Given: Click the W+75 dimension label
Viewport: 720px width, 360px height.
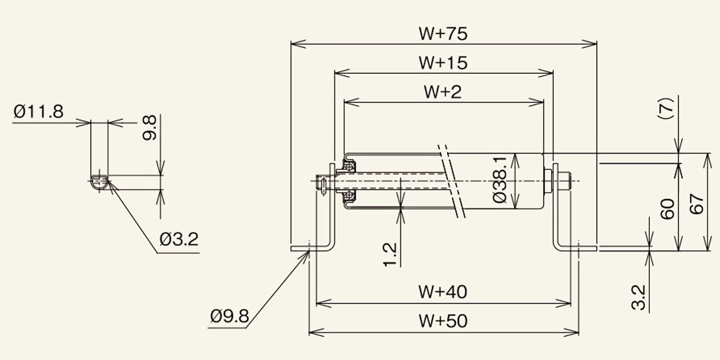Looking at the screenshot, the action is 443,34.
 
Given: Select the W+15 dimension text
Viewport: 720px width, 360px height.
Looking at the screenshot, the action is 443,62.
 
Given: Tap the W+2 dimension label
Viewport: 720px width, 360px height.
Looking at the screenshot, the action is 443,92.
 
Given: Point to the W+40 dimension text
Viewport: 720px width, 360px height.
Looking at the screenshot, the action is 443,292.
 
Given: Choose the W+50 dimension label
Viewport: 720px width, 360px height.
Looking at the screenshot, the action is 443,321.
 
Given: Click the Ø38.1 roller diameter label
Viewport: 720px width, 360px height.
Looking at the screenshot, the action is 499,179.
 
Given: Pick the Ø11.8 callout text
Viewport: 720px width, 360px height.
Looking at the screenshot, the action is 38,112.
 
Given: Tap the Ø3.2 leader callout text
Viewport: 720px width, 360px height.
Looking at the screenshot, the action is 179,239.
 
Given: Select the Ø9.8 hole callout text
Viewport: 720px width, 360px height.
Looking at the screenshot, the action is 229,316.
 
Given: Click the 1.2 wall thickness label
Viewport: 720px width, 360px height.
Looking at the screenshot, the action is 390,255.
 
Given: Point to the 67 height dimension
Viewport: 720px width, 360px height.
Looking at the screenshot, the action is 697,204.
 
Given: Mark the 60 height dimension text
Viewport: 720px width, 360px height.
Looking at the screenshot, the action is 668,209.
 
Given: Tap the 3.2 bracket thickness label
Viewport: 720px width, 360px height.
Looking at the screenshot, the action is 638,298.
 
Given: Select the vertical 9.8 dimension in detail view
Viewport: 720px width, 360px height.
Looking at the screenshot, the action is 149,128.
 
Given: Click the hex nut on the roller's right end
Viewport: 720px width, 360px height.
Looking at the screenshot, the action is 547,181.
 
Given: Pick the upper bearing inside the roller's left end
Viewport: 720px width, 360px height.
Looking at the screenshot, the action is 349,166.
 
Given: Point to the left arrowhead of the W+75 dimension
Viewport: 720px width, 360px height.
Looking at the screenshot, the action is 298,44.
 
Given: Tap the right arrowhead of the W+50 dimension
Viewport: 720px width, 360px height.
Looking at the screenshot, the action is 571,332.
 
